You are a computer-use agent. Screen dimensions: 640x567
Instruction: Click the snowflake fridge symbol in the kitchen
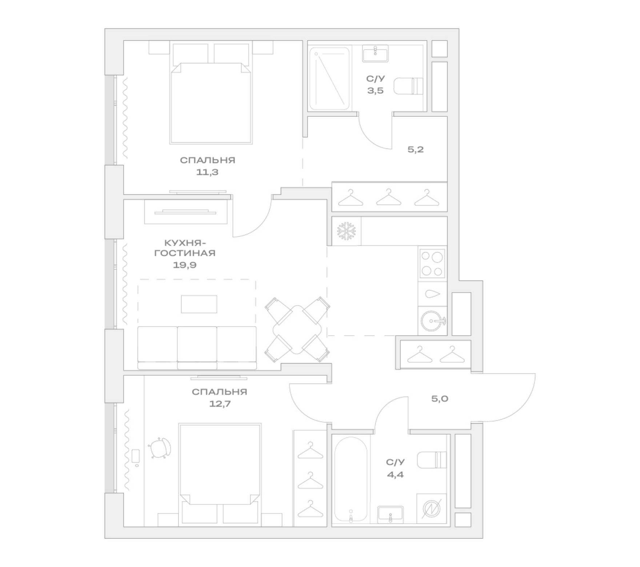click(347, 231)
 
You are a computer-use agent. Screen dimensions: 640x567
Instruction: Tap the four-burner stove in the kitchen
click(432, 263)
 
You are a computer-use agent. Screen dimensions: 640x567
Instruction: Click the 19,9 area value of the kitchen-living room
click(185, 265)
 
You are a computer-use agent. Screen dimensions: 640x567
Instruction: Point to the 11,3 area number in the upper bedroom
click(207, 172)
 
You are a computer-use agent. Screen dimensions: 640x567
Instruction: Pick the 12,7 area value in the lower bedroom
click(220, 404)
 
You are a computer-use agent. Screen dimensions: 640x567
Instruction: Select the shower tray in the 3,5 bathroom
click(329, 79)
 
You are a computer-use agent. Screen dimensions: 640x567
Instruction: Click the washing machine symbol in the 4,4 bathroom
click(432, 508)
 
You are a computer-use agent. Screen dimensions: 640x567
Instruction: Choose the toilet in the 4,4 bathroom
click(432, 460)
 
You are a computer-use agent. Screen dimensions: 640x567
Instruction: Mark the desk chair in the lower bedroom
click(160, 448)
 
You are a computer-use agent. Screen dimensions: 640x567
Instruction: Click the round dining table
click(297, 329)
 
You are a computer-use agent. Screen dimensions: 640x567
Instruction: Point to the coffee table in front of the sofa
click(199, 304)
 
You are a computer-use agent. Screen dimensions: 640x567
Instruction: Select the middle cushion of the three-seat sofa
click(197, 348)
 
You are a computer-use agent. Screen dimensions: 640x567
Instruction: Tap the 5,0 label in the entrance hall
click(440, 399)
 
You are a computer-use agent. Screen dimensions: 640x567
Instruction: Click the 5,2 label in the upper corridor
click(416, 149)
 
